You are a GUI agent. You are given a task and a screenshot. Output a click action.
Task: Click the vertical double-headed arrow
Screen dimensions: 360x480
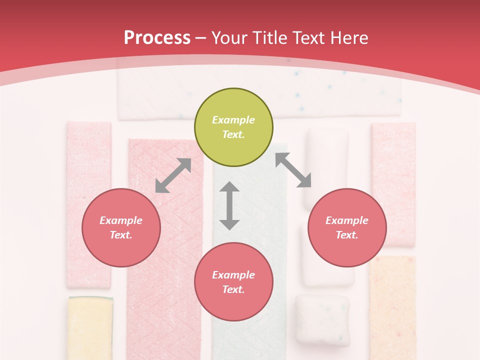229,205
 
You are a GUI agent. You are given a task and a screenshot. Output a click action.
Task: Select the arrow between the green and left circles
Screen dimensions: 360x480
173,175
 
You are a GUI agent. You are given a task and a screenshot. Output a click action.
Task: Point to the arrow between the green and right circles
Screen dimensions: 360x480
293,170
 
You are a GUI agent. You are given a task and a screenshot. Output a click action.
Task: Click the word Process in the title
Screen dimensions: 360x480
157,37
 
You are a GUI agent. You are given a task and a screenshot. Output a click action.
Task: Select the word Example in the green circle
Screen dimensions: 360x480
233,120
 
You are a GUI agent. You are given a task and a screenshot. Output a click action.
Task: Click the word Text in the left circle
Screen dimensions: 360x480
121,235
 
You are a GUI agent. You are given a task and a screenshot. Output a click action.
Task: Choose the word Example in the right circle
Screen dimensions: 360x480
347,220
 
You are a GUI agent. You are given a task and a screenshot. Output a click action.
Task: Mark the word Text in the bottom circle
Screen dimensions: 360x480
233,289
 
